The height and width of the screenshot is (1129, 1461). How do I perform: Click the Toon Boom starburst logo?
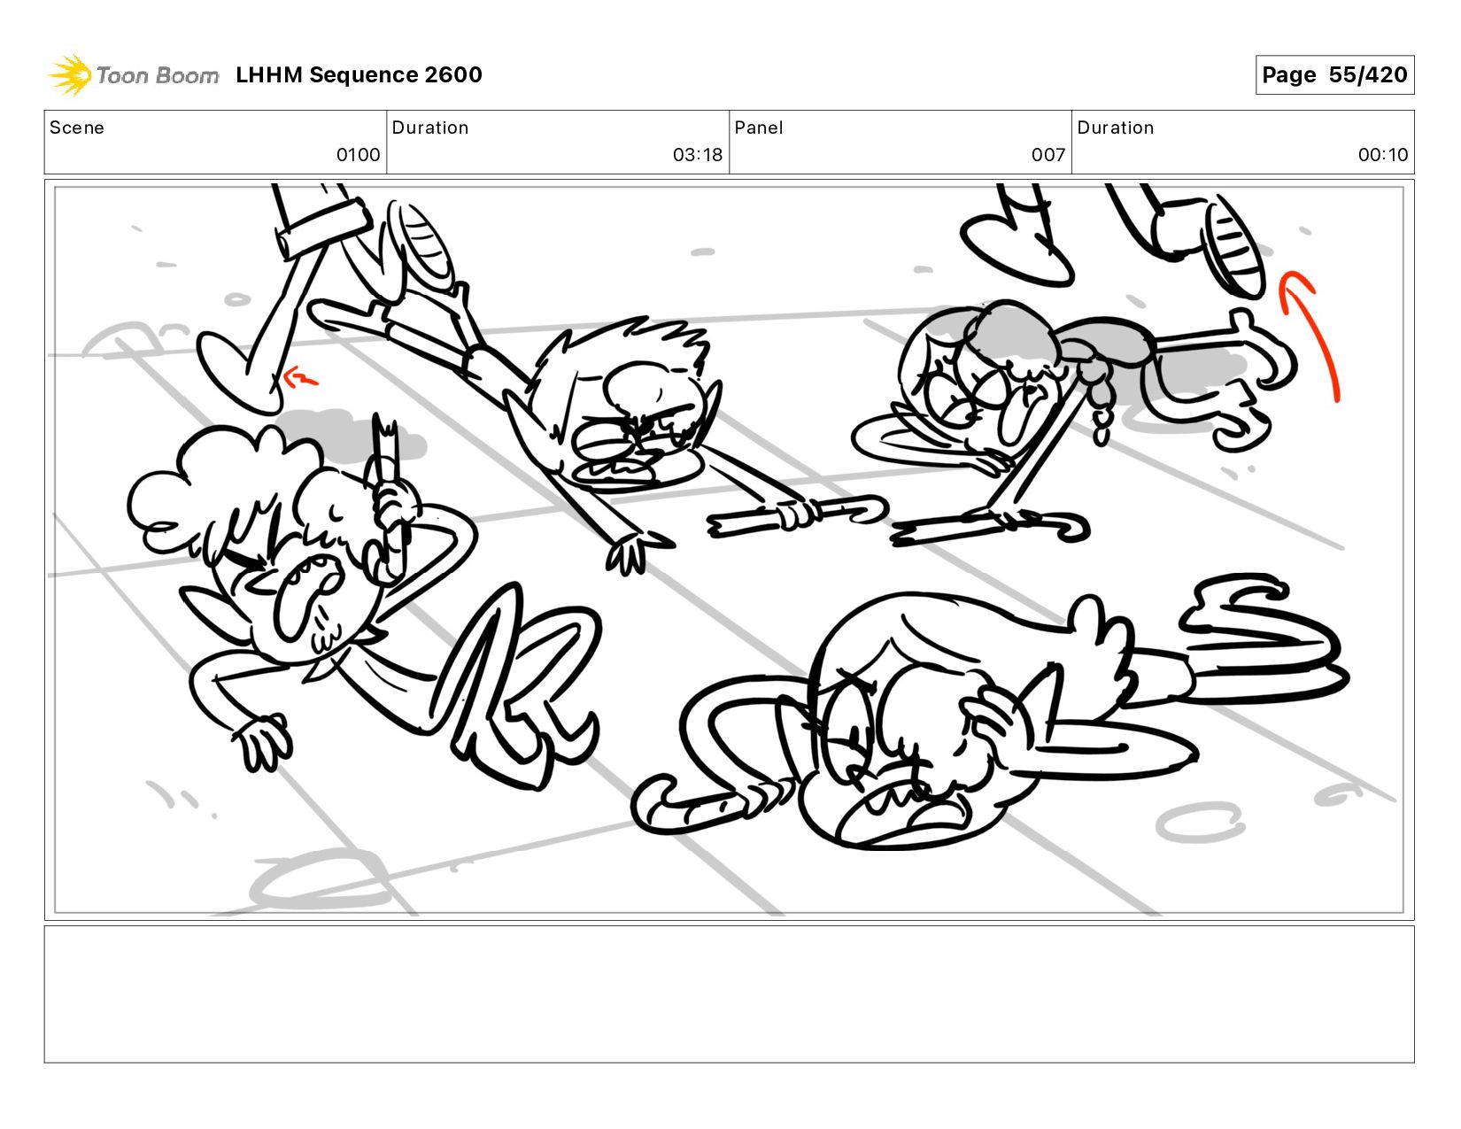[70, 74]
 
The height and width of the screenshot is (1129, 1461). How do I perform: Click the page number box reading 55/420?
[1333, 74]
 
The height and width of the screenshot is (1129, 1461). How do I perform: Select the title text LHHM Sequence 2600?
[359, 74]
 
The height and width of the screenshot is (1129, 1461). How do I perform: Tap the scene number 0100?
[359, 155]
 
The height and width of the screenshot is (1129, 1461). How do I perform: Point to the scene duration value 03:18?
[697, 155]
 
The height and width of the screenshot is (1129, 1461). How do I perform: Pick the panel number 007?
[1048, 155]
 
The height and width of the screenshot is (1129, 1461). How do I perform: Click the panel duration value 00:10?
[1382, 155]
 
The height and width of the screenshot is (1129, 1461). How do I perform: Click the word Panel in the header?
[759, 128]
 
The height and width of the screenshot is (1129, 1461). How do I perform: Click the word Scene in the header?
[77, 128]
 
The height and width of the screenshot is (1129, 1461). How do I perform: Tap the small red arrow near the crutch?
[300, 378]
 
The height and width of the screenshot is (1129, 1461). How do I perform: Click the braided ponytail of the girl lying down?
[1097, 404]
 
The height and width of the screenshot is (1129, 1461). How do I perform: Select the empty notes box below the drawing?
[730, 994]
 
